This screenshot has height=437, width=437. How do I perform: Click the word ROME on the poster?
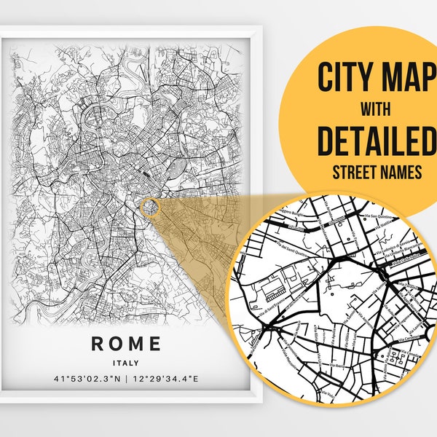tap(127, 342)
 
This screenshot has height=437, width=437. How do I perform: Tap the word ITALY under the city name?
tap(127, 362)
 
